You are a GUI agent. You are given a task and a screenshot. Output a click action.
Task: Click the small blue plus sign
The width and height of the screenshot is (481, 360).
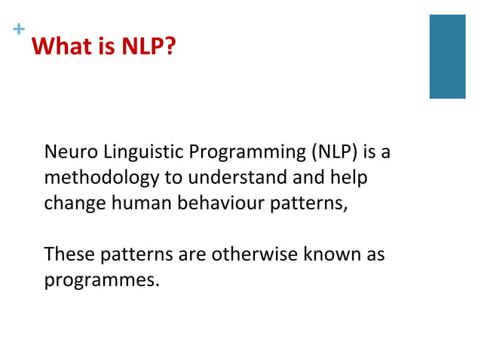[18, 30]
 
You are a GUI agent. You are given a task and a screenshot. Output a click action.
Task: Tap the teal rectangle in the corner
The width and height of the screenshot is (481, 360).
[447, 56]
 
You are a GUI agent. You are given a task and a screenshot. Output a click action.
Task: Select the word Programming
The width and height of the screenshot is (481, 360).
[247, 154]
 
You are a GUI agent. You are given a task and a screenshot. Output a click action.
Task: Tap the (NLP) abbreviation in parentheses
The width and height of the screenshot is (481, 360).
[334, 153]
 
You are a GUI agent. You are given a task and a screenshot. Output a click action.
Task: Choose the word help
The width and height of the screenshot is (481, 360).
[351, 179]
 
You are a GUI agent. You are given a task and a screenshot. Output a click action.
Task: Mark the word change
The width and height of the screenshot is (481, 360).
[72, 204]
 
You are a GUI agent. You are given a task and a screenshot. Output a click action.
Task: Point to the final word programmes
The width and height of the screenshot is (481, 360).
[101, 281]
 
